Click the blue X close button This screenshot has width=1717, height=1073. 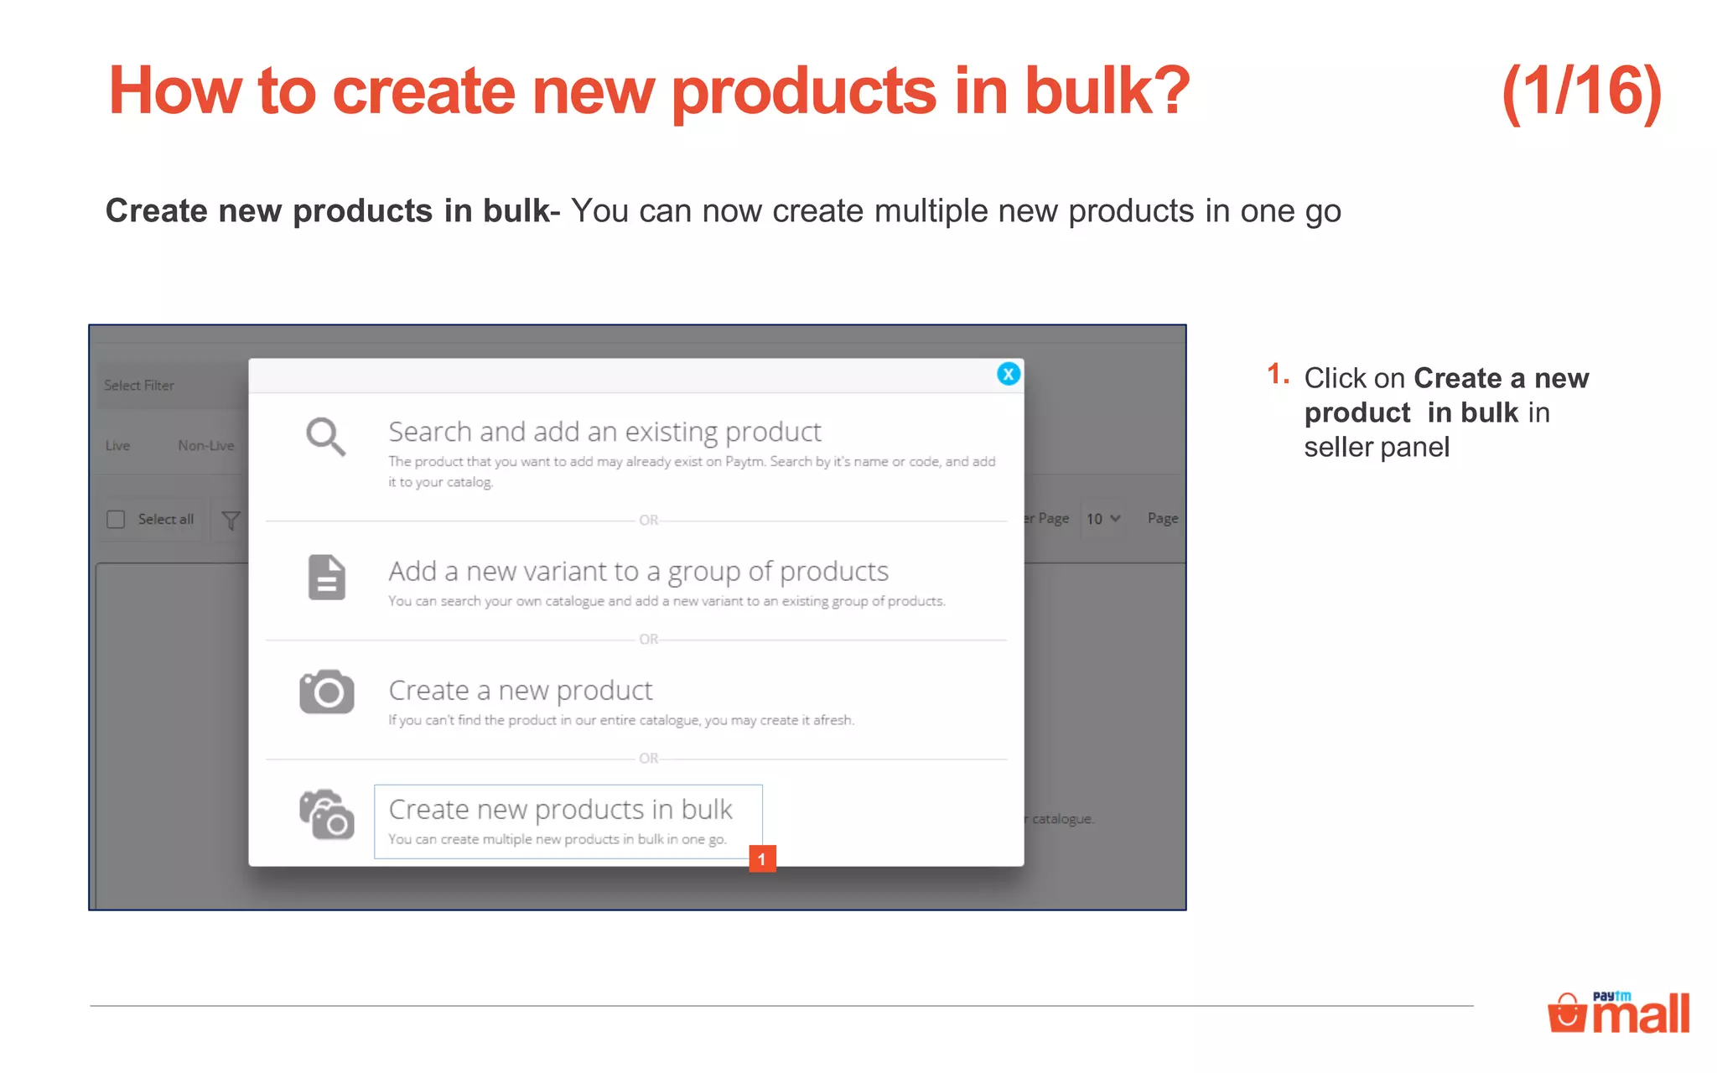[1008, 374]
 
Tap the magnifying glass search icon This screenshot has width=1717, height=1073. [325, 437]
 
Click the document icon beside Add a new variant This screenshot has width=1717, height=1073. [326, 578]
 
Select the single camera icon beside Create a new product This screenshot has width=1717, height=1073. [326, 692]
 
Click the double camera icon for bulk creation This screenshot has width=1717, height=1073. [326, 814]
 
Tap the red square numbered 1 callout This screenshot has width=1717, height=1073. [762, 858]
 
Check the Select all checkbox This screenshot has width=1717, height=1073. [116, 520]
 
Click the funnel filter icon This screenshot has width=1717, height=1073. [231, 521]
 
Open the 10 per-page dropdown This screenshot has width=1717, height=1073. [1102, 519]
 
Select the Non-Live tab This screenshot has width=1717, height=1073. [205, 446]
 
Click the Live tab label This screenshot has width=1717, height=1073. [117, 446]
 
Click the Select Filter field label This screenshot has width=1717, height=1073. [139, 386]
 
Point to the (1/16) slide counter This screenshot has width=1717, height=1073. [1581, 92]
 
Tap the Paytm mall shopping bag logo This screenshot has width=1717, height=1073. [1566, 1013]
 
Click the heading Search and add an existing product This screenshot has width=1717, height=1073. [604, 432]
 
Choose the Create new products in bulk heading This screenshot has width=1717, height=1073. [560, 810]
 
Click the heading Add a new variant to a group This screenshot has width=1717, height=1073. [638, 572]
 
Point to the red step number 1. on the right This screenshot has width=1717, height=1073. [1277, 374]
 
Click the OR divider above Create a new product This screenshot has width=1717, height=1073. [648, 640]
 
